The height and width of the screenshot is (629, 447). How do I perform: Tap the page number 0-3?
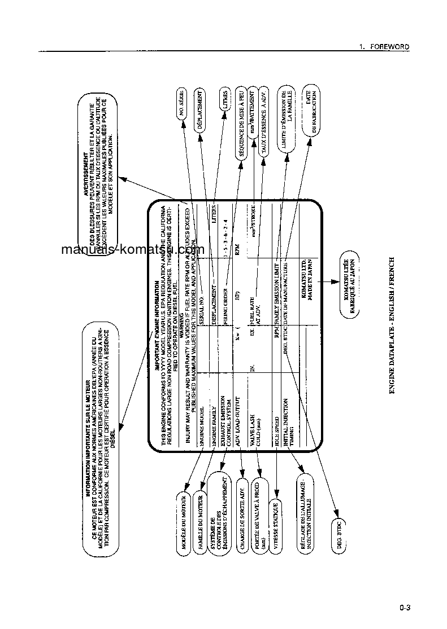coord(404,608)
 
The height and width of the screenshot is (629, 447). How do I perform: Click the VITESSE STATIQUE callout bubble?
coord(276,511)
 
